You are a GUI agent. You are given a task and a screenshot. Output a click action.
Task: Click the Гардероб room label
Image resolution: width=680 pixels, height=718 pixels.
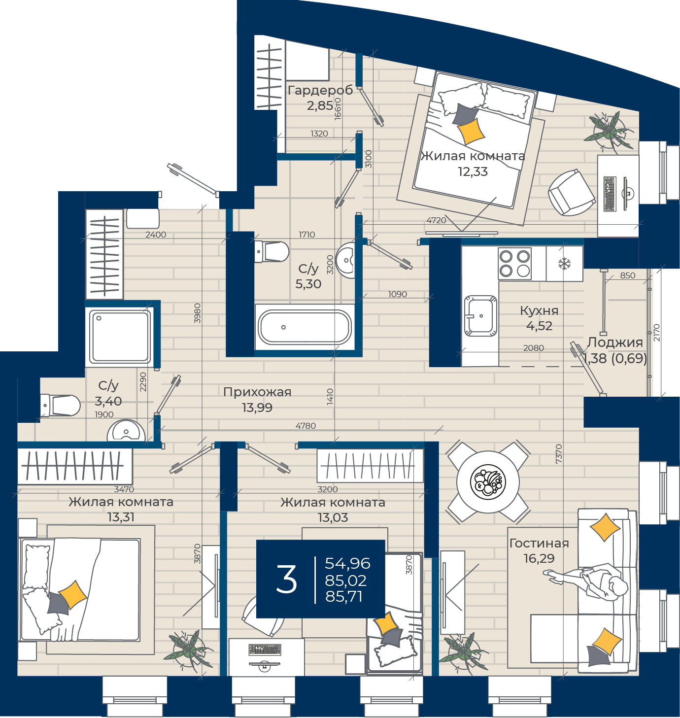(x=319, y=90)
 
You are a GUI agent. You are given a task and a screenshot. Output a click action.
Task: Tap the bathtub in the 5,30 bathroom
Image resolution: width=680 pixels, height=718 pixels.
(x=304, y=326)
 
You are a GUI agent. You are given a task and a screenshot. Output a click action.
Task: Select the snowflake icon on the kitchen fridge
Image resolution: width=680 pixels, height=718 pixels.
(x=564, y=263)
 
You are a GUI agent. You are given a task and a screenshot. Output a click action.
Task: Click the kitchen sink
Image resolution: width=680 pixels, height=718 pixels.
(x=479, y=315)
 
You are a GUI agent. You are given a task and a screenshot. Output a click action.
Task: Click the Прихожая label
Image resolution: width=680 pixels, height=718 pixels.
(x=257, y=391)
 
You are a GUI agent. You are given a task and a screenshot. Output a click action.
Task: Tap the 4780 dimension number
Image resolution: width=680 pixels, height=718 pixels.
(x=306, y=425)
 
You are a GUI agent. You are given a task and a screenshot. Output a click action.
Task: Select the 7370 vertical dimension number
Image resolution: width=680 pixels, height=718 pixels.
(x=558, y=453)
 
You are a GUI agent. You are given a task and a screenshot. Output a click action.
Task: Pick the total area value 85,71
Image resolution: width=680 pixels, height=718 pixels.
(x=343, y=596)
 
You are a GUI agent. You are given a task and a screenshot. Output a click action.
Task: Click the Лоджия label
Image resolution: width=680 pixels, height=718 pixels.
(x=614, y=342)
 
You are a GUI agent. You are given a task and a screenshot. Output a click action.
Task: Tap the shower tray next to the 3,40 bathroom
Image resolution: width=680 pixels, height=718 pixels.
(x=119, y=336)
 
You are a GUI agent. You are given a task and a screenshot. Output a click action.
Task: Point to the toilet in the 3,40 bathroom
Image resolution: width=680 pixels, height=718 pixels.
(x=60, y=405)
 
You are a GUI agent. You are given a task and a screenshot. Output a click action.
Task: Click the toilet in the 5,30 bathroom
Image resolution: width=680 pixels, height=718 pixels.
(x=271, y=250)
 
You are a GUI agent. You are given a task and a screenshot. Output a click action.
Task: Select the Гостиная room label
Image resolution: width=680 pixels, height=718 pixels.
(x=539, y=543)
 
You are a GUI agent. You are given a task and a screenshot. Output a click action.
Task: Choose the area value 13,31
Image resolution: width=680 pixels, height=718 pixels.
(x=120, y=517)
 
